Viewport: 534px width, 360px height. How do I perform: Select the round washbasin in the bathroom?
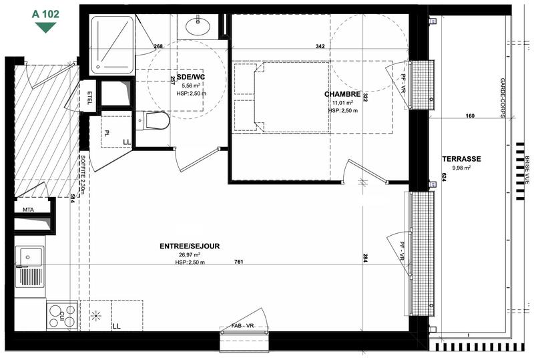198,26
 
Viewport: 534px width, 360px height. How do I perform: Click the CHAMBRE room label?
343,94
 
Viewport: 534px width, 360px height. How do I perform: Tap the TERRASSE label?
461,159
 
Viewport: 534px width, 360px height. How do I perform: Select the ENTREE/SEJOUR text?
190,246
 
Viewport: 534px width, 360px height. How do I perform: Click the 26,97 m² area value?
190,254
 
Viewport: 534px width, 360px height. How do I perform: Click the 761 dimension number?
238,262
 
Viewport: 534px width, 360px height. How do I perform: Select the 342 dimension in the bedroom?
320,46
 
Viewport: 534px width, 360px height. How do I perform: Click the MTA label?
28,210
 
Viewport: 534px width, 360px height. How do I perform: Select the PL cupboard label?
106,132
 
